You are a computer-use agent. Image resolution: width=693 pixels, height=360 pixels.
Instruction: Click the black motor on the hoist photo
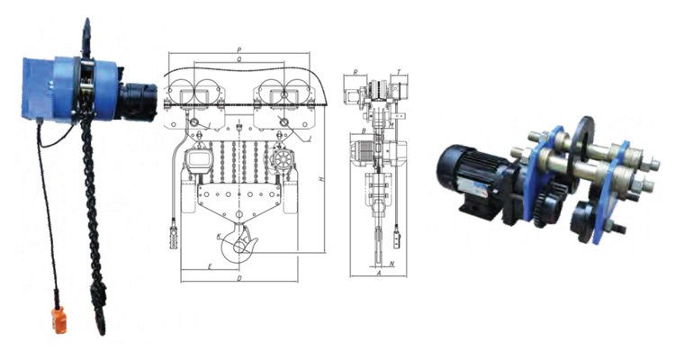[140, 97]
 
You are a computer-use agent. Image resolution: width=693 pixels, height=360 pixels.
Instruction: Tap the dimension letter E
[209, 267]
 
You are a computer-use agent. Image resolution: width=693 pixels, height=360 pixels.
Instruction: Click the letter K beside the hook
[219, 237]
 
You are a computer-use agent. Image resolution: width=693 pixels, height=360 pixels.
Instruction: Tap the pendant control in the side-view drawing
[395, 237]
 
